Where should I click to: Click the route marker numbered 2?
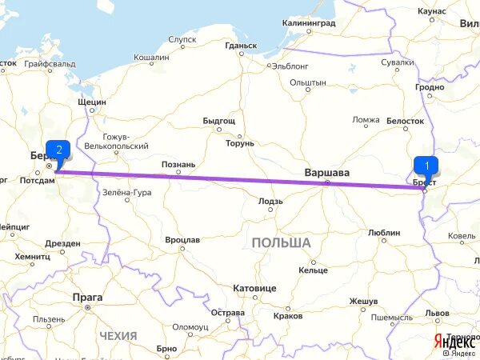tap(58, 149)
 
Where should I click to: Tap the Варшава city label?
tap(327, 173)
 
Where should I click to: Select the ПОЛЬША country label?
tap(280, 242)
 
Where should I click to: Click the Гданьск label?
tap(241, 46)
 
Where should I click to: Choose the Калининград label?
tap(309, 23)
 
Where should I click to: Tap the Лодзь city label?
tap(270, 202)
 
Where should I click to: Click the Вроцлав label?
tap(182, 239)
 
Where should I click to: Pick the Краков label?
tap(287, 316)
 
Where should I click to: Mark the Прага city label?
tap(88, 296)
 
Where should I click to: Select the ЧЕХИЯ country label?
tap(118, 336)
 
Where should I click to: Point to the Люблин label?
tap(384, 232)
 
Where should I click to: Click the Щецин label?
tap(92, 102)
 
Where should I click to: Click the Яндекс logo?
tap(454, 342)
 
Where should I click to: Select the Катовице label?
tap(254, 287)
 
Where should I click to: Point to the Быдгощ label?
tap(218, 120)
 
